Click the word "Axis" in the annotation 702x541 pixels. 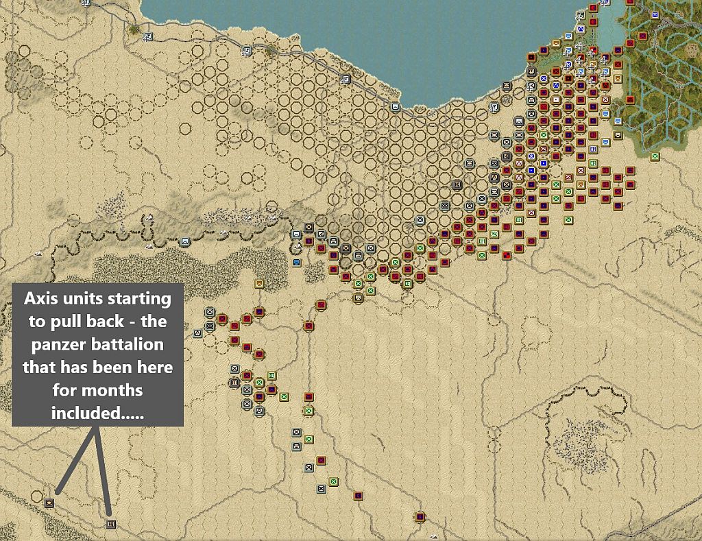coord(41,300)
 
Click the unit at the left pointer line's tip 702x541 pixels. coord(49,503)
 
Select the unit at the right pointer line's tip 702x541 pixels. coord(111,525)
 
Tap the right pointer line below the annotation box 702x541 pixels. coord(103,473)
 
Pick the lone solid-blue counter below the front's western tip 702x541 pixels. coord(296,263)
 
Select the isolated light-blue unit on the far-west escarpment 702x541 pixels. coord(184,241)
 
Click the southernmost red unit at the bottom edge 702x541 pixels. coord(420,516)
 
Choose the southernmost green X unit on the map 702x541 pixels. coord(333,482)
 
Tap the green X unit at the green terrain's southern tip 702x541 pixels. coord(655,156)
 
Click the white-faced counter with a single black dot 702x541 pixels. coord(556,99)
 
